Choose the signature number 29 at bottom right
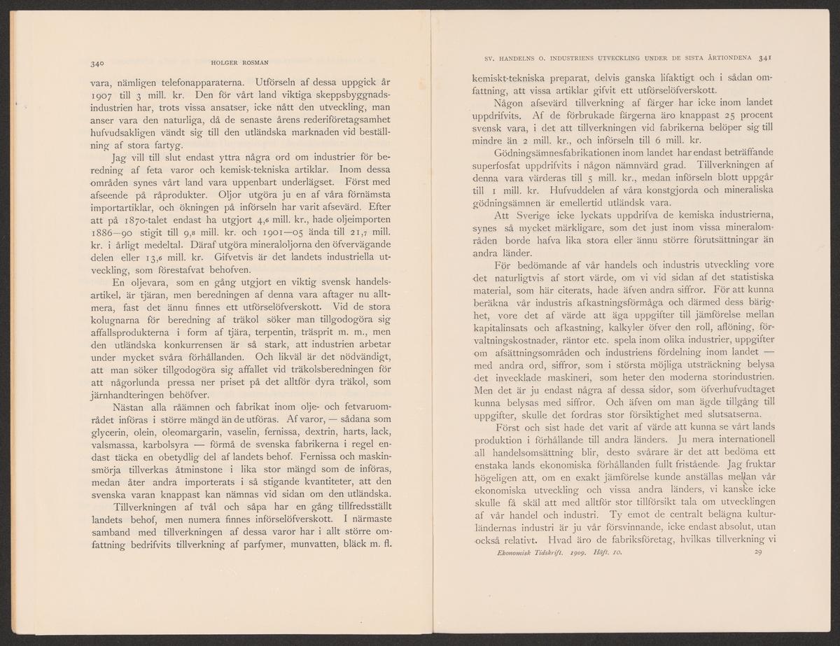coord(757,553)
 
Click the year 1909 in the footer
coord(578,553)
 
